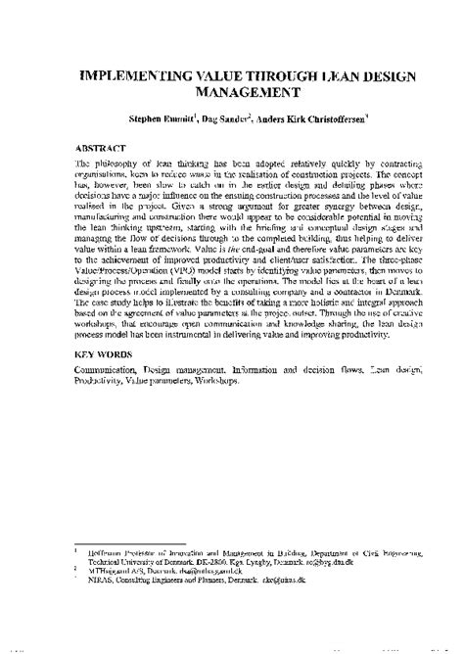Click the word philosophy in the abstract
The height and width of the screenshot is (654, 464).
pos(116,167)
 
